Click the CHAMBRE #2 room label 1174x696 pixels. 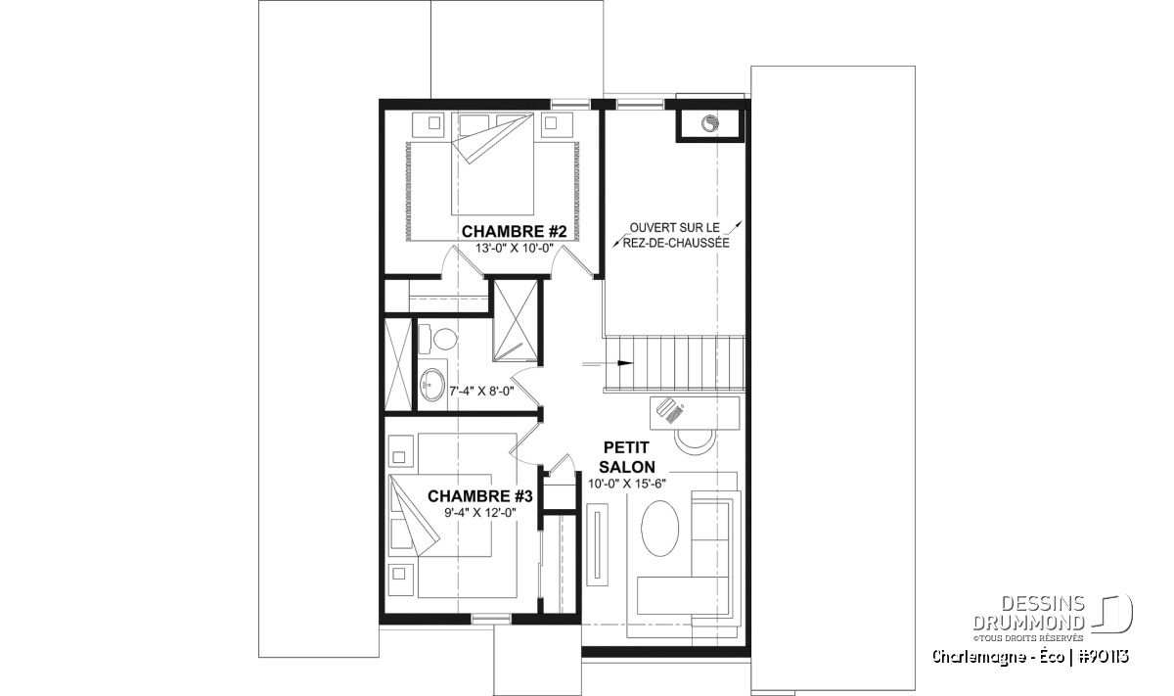click(x=514, y=231)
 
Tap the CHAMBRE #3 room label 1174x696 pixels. click(x=480, y=496)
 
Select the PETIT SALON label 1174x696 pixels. click(x=627, y=457)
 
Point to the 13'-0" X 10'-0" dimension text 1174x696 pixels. click(x=515, y=249)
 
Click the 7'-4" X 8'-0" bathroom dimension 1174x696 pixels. click(x=481, y=391)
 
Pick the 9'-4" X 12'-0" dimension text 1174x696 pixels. click(x=480, y=513)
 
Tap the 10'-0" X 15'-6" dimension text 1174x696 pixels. click(x=627, y=484)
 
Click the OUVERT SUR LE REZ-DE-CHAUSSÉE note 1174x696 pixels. click(x=676, y=236)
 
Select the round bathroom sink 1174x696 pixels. click(x=432, y=385)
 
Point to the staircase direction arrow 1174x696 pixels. click(x=608, y=363)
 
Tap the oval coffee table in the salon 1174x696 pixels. click(x=659, y=528)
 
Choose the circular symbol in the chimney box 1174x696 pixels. click(x=709, y=123)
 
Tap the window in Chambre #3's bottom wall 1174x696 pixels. click(x=491, y=619)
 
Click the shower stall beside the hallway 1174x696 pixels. click(x=516, y=321)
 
